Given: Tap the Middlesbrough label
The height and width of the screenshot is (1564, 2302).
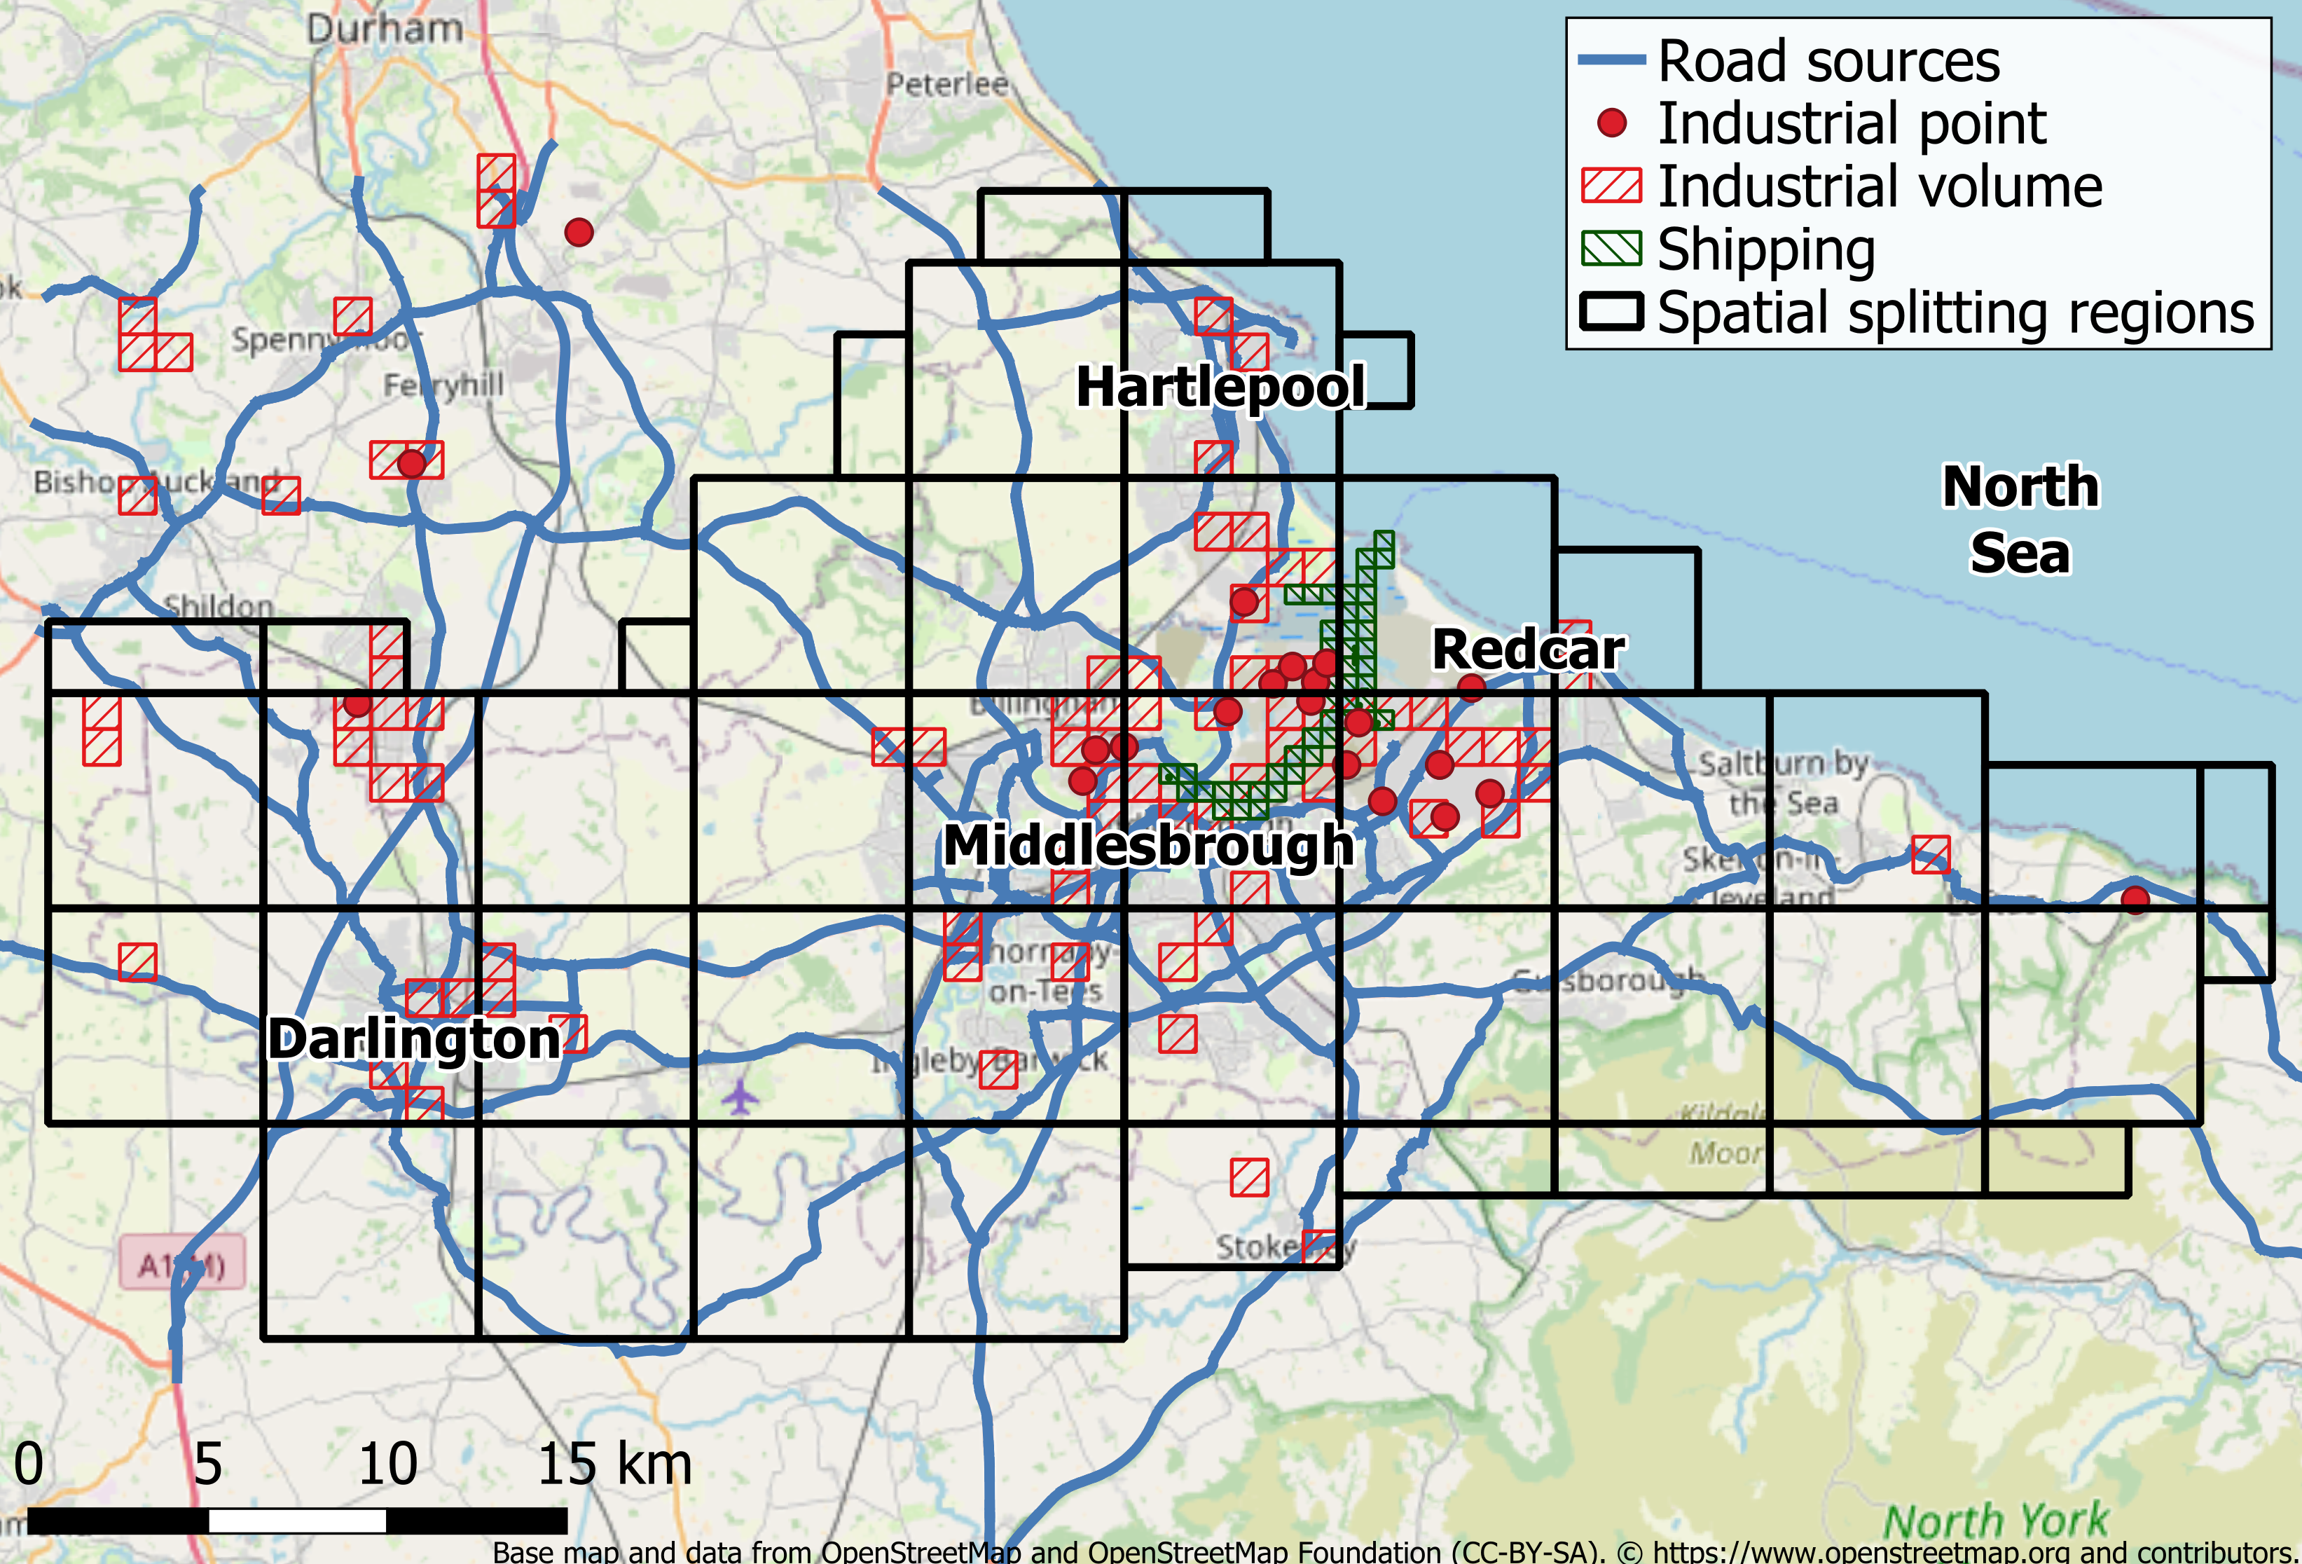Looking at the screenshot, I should (1148, 846).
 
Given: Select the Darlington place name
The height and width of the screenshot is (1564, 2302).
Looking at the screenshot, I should (414, 1039).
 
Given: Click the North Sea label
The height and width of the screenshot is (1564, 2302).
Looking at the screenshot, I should (2020, 519).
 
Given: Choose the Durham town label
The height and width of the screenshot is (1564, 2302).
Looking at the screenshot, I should (385, 28).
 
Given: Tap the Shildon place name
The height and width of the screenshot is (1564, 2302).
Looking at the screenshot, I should (218, 605).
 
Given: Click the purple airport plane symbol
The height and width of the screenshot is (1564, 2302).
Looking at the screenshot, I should (739, 1097).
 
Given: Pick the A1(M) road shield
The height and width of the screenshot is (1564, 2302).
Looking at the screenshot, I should (182, 1265).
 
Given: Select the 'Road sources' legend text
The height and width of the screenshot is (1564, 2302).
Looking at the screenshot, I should (1828, 62).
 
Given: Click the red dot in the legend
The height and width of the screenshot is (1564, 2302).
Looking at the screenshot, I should (1611, 123).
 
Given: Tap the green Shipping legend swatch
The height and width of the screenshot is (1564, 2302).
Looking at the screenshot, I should (1611, 249).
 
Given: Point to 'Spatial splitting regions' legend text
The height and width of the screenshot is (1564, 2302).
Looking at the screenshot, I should (1955, 313).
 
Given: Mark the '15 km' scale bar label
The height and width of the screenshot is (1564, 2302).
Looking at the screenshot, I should (614, 1464).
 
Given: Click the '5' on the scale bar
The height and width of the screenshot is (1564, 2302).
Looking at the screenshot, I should (207, 1464).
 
